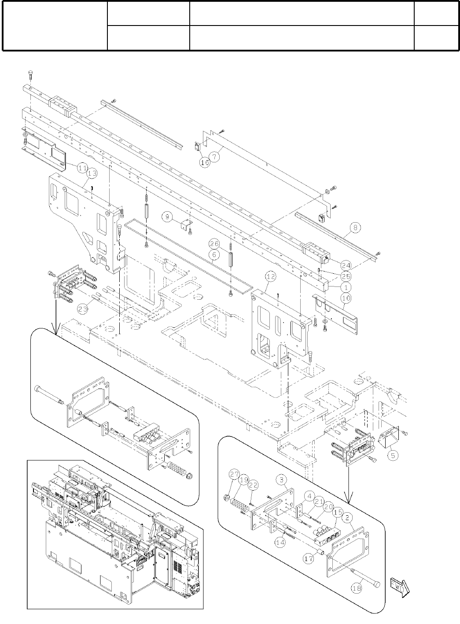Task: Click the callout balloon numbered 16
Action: tap(205, 162)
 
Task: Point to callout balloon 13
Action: tap(92, 174)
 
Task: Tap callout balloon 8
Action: tap(355, 228)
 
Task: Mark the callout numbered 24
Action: tap(346, 265)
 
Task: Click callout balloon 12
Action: tap(271, 276)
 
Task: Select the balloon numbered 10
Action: tap(346, 298)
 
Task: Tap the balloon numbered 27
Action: tap(234, 474)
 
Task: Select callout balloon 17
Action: tap(309, 558)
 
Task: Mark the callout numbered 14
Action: tap(280, 542)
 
